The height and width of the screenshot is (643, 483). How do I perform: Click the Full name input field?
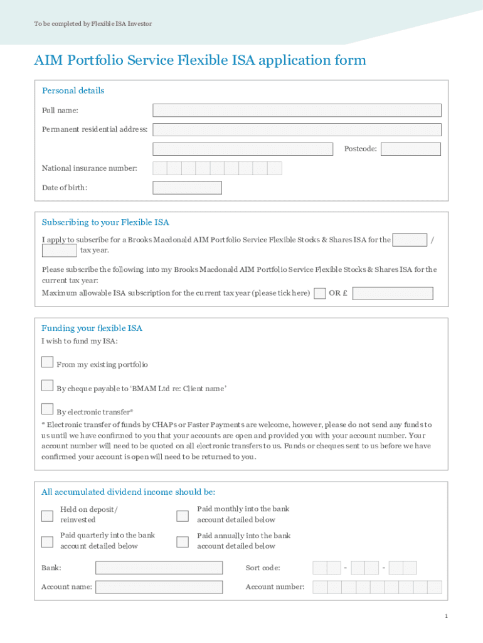pos(297,111)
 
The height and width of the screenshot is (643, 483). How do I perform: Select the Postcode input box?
pos(410,149)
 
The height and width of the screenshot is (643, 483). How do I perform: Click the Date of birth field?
pos(187,188)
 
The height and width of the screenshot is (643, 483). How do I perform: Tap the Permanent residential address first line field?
pos(297,129)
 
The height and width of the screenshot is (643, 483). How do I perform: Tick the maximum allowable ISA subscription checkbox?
pos(319,293)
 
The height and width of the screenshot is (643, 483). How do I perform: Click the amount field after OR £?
pos(393,293)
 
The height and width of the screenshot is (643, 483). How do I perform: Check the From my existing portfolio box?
pos(47,362)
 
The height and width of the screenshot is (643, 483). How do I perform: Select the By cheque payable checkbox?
pos(47,386)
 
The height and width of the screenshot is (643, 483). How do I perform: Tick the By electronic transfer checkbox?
pos(47,409)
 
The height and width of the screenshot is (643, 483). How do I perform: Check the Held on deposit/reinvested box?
pos(47,516)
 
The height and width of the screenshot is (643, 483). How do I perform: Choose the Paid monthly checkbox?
pos(182,516)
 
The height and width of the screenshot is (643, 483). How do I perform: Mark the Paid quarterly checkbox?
pos(47,542)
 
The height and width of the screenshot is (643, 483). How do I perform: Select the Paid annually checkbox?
pos(182,542)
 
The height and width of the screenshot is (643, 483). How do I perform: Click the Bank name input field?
pos(159,568)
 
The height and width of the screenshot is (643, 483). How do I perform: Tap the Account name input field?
pos(159,587)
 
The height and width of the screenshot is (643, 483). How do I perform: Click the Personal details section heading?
pos(73,90)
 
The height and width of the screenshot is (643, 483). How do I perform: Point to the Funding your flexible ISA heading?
pos(92,328)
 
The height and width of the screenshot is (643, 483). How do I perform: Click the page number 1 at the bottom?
pos(446,616)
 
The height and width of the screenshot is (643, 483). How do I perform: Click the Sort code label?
pos(263,568)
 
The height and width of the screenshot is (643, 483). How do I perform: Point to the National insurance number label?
pos(89,168)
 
